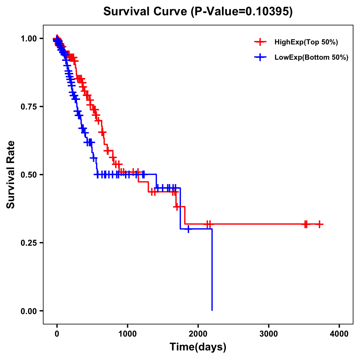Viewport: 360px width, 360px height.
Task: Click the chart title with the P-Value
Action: click(198, 12)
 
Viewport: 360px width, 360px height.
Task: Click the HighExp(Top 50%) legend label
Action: click(306, 42)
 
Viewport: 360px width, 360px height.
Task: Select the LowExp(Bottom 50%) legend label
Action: click(311, 57)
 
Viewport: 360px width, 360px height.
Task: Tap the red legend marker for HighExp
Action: click(260, 42)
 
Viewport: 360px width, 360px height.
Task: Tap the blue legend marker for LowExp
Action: click(260, 57)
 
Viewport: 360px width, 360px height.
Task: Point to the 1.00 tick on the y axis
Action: click(29, 39)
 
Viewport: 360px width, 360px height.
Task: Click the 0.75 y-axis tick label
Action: click(29, 107)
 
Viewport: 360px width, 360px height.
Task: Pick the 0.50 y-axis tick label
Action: click(29, 175)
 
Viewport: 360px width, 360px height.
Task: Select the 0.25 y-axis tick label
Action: click(29, 243)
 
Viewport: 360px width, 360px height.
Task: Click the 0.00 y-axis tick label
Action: click(29, 311)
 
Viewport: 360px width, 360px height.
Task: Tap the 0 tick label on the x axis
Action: click(57, 334)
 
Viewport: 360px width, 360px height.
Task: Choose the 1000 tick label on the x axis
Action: click(127, 334)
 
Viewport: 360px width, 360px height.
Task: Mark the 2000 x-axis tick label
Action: click(198, 334)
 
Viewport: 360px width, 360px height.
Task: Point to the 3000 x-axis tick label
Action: click(268, 334)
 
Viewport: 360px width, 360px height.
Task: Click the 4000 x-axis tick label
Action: click(339, 334)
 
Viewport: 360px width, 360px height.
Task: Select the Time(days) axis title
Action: click(198, 347)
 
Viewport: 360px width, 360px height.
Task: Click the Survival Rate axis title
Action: click(11, 175)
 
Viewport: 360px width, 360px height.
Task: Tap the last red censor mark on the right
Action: click(319, 224)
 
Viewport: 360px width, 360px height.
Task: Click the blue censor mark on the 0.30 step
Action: click(188, 229)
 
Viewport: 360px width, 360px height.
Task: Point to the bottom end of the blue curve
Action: click(212, 310)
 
